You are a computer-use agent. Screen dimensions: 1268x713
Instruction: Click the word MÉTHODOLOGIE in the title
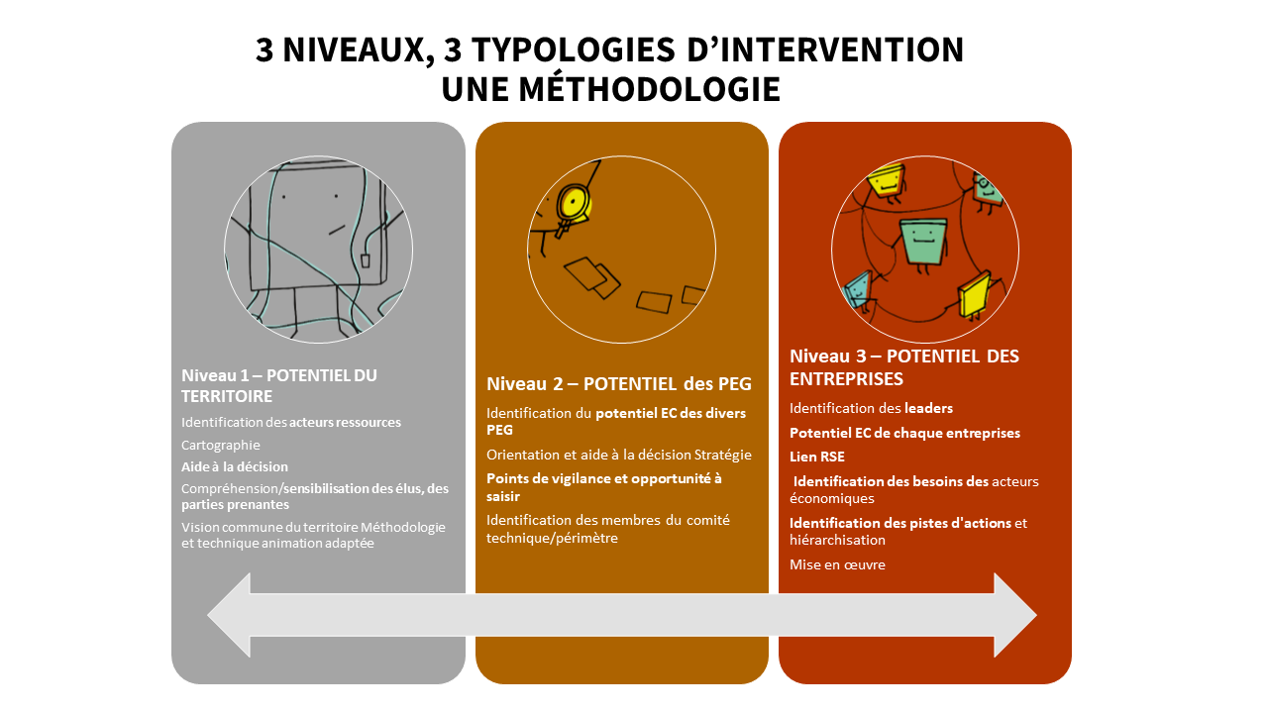[649, 89]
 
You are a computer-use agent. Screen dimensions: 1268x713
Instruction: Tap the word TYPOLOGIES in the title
[574, 50]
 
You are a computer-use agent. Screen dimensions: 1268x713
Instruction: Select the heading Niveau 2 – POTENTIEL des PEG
[619, 383]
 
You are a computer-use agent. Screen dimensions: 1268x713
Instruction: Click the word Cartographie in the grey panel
[220, 446]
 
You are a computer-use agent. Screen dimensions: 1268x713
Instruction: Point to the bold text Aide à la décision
[235, 466]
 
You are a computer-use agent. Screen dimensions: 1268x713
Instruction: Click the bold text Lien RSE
[817, 457]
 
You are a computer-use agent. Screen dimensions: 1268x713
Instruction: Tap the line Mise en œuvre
[837, 564]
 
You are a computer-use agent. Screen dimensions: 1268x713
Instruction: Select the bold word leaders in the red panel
[928, 408]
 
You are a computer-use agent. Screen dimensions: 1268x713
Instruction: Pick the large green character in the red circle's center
[922, 244]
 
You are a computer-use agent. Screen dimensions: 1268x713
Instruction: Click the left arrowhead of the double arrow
[229, 615]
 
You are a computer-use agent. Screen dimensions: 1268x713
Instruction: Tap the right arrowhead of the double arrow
[1015, 615]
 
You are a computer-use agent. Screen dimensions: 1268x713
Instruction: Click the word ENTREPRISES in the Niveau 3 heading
[846, 379]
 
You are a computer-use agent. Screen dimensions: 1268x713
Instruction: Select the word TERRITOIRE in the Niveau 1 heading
[227, 397]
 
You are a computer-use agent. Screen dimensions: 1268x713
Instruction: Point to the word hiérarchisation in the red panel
[837, 541]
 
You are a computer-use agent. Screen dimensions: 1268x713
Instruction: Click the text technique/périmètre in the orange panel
[552, 538]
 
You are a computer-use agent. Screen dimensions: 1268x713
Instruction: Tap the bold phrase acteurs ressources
[345, 423]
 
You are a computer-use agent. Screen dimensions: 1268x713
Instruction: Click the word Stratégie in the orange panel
[723, 455]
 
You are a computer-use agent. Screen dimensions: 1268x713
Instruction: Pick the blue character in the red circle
[857, 290]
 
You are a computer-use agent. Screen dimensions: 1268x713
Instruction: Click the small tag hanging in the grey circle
[366, 260]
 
